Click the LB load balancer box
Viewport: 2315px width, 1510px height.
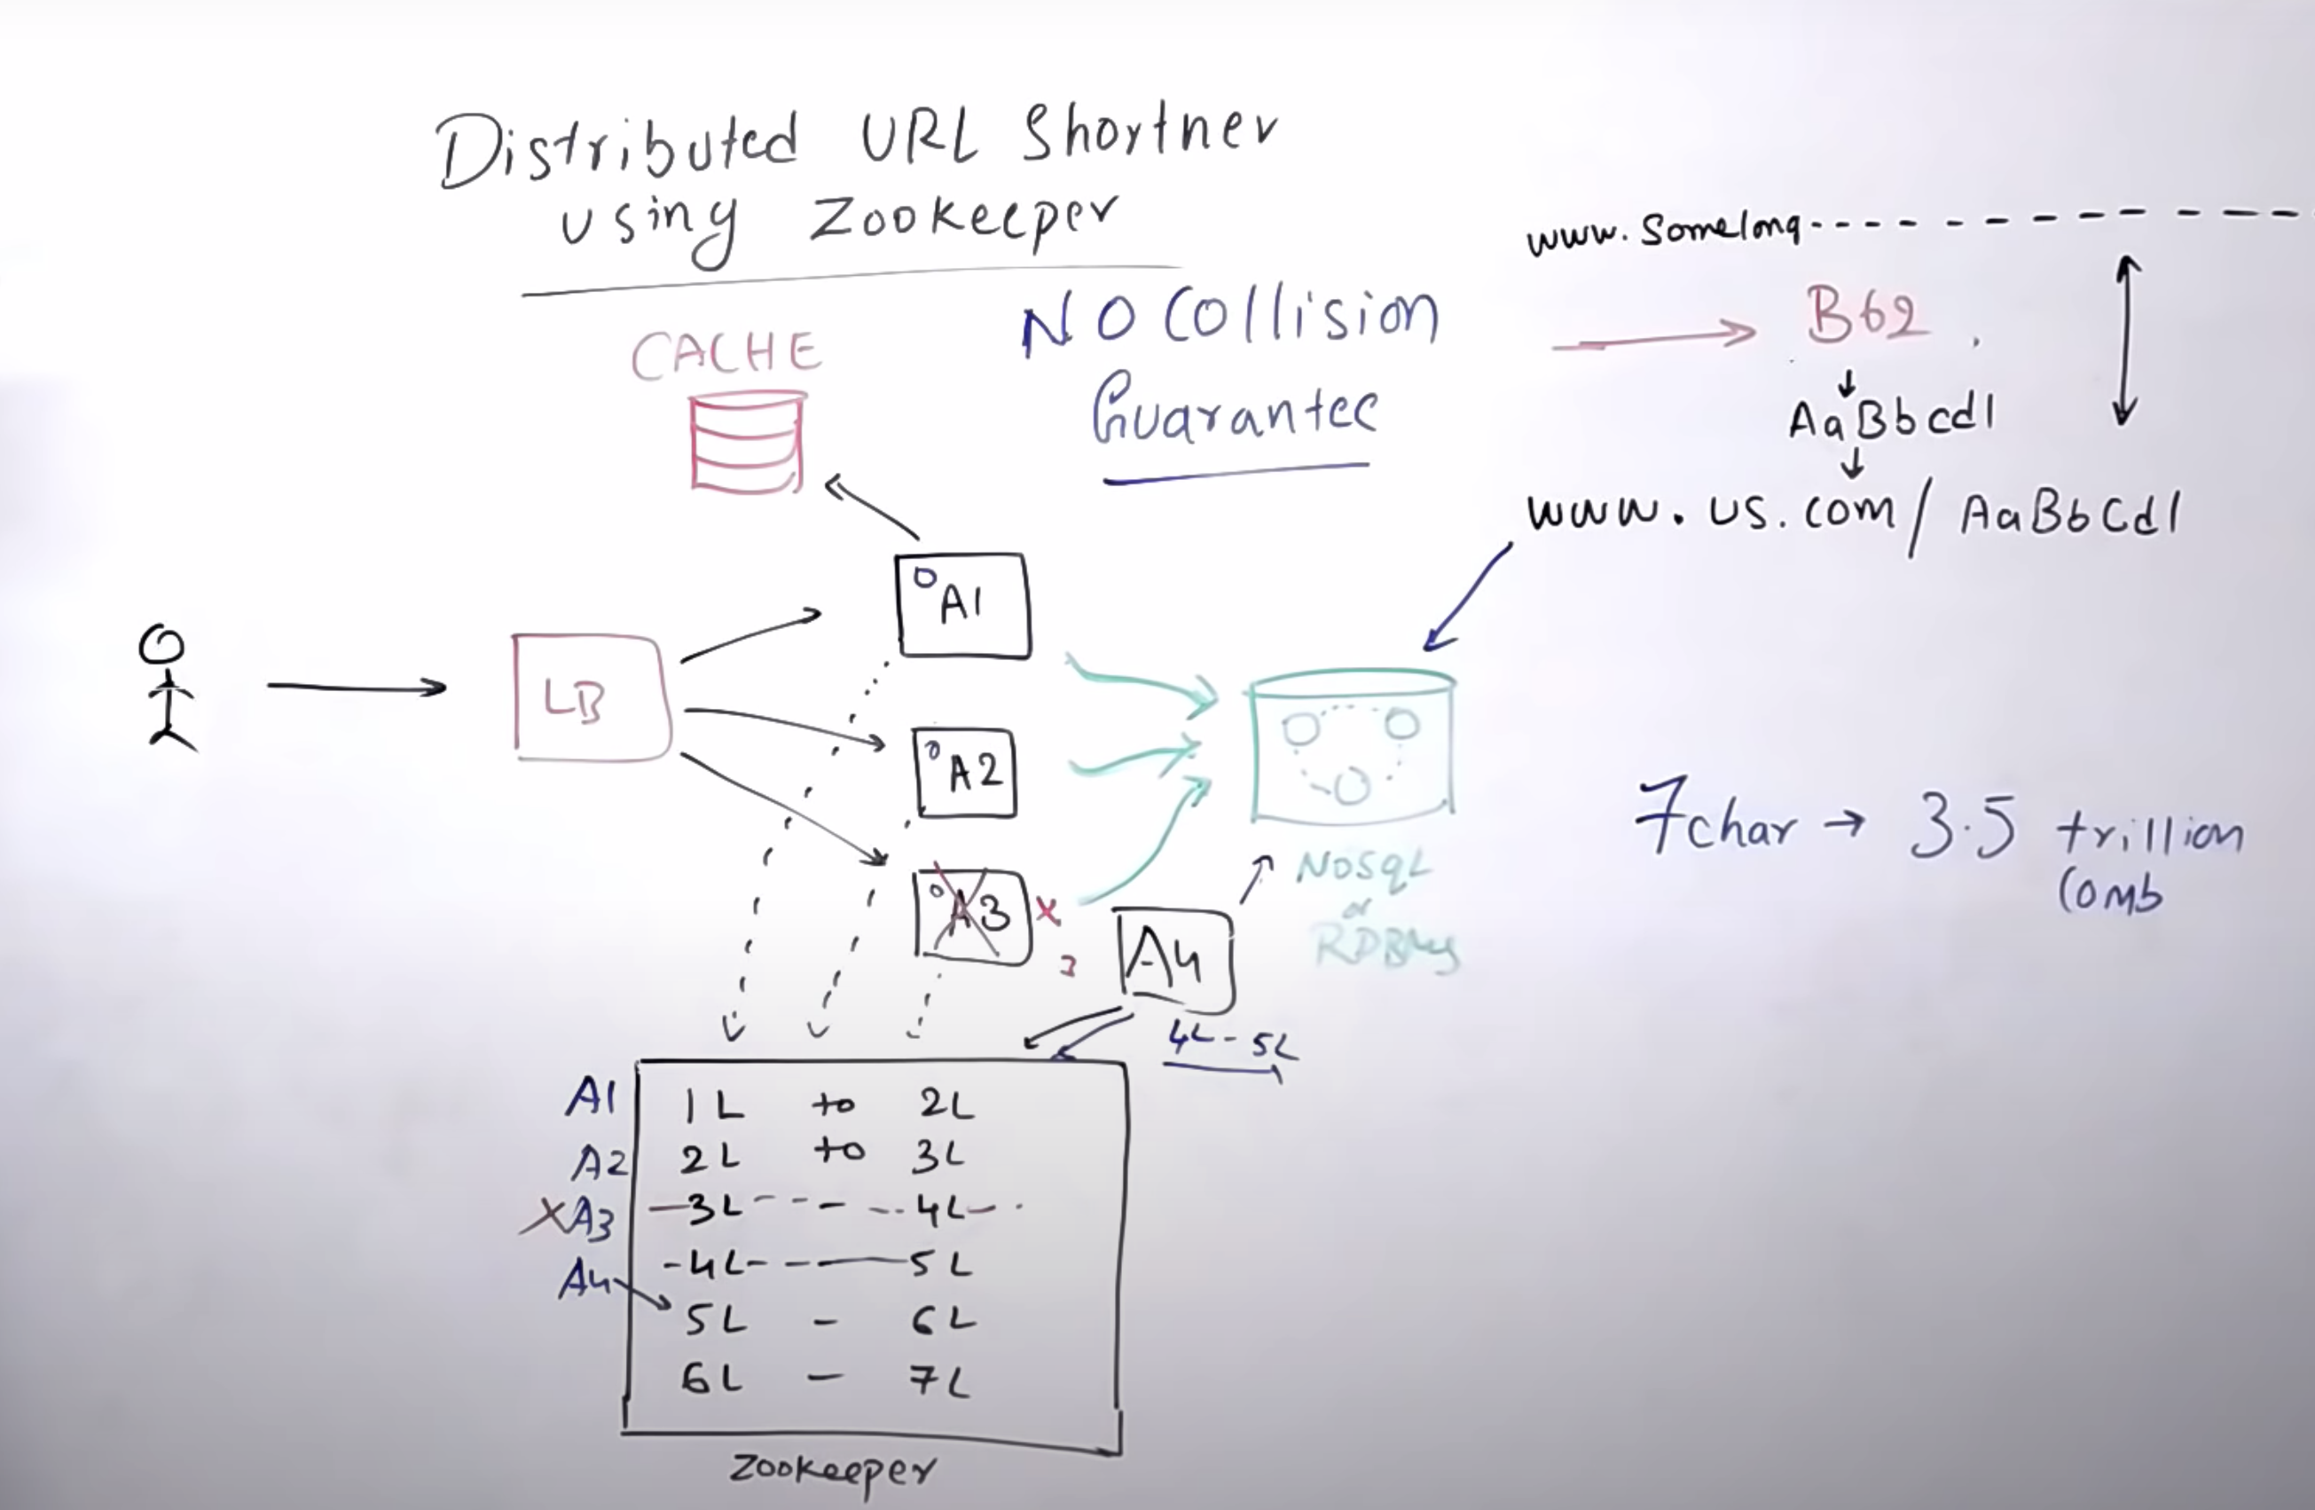tap(591, 696)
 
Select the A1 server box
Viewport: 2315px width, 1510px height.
tap(962, 605)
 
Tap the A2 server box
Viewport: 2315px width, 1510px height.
tap(966, 774)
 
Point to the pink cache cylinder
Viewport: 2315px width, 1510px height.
tap(747, 443)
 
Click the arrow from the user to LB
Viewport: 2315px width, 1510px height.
tap(356, 687)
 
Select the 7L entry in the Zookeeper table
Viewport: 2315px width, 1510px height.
tap(939, 1380)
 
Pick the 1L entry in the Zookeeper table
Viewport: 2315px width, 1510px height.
tap(712, 1105)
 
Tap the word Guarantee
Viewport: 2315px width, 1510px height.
tap(1235, 413)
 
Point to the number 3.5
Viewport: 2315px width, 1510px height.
tap(1963, 827)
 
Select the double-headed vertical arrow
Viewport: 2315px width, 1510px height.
tap(2126, 341)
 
